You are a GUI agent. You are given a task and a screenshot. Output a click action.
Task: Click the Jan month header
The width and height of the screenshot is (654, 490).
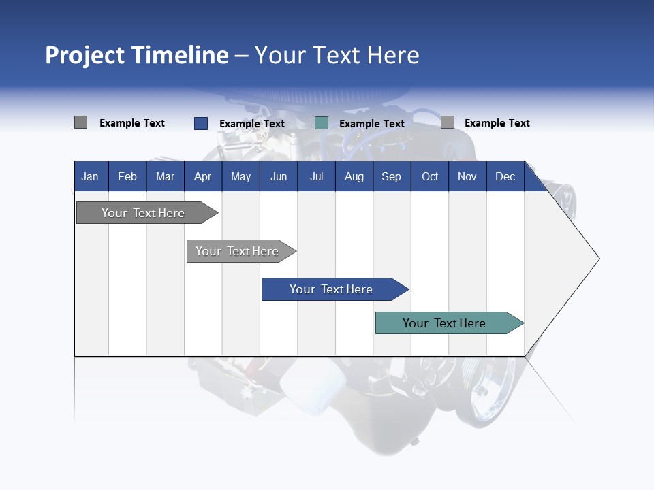click(90, 176)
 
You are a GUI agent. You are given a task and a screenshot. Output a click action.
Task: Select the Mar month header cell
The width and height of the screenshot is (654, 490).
click(165, 176)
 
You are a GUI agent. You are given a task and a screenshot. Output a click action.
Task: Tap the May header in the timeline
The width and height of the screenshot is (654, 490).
click(240, 176)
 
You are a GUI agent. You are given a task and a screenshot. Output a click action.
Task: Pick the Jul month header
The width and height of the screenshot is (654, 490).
click(316, 176)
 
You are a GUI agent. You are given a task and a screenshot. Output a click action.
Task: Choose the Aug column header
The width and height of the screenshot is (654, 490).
click(354, 176)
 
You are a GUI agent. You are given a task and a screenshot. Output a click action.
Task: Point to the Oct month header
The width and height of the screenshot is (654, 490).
click(430, 176)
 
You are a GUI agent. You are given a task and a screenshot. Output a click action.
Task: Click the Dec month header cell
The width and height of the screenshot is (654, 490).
click(505, 176)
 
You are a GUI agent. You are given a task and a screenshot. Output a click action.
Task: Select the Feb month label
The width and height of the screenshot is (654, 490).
click(127, 176)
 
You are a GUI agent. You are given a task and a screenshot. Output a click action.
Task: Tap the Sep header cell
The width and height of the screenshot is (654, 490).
click(391, 176)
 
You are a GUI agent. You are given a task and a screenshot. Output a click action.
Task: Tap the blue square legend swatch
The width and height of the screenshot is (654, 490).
click(200, 123)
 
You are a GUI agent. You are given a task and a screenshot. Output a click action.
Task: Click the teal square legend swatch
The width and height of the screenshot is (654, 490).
click(322, 123)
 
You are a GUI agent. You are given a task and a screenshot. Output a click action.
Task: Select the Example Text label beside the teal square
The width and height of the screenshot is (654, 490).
click(371, 124)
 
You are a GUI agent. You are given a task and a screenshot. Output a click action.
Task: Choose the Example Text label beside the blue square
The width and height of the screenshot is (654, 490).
click(251, 124)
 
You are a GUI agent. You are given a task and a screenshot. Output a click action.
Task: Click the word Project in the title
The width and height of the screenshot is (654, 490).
click(85, 55)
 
